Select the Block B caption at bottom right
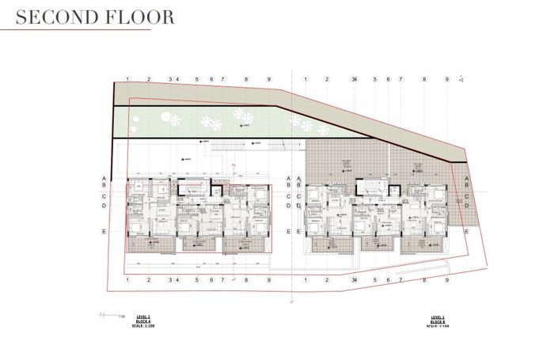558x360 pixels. [437, 318]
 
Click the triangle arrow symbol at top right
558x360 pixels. [461, 80]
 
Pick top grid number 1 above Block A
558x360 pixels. [127, 80]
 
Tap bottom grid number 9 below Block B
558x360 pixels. [447, 279]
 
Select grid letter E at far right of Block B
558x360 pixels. [467, 231]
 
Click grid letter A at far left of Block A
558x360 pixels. [104, 179]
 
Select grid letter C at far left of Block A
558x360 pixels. [104, 195]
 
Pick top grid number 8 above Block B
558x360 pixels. [424, 80]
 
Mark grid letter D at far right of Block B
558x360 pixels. [467, 206]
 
